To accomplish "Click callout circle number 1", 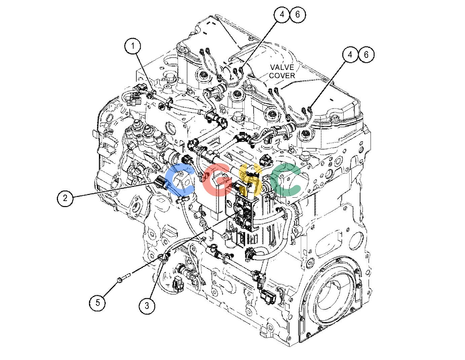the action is [x=133, y=46].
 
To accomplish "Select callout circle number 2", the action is [x=65, y=198].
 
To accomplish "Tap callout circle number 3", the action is [x=147, y=306].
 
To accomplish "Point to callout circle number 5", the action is [x=98, y=303].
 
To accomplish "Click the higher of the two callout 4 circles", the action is [x=282, y=14].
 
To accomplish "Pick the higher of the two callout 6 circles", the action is [x=298, y=14].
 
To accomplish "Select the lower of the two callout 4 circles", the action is [x=350, y=55].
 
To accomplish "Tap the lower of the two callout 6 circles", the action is [x=366, y=55].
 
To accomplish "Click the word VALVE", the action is [x=282, y=67].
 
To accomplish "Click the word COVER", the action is [x=282, y=76].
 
